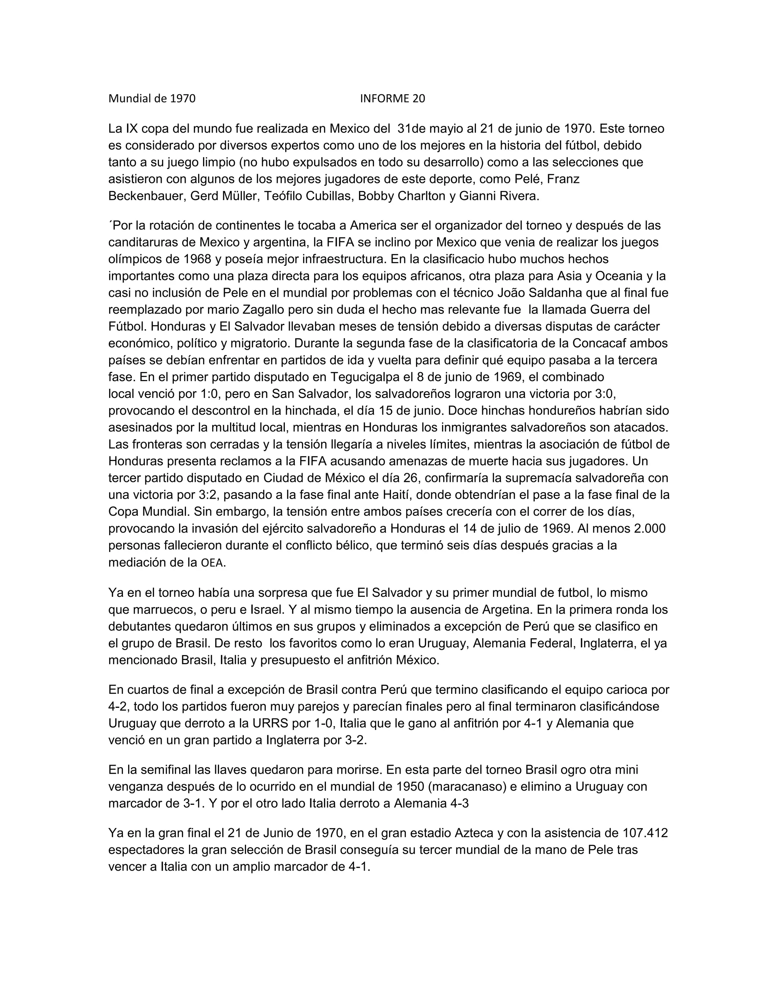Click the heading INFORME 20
point(392,98)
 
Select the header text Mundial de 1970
point(152,98)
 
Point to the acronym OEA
point(212,563)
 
